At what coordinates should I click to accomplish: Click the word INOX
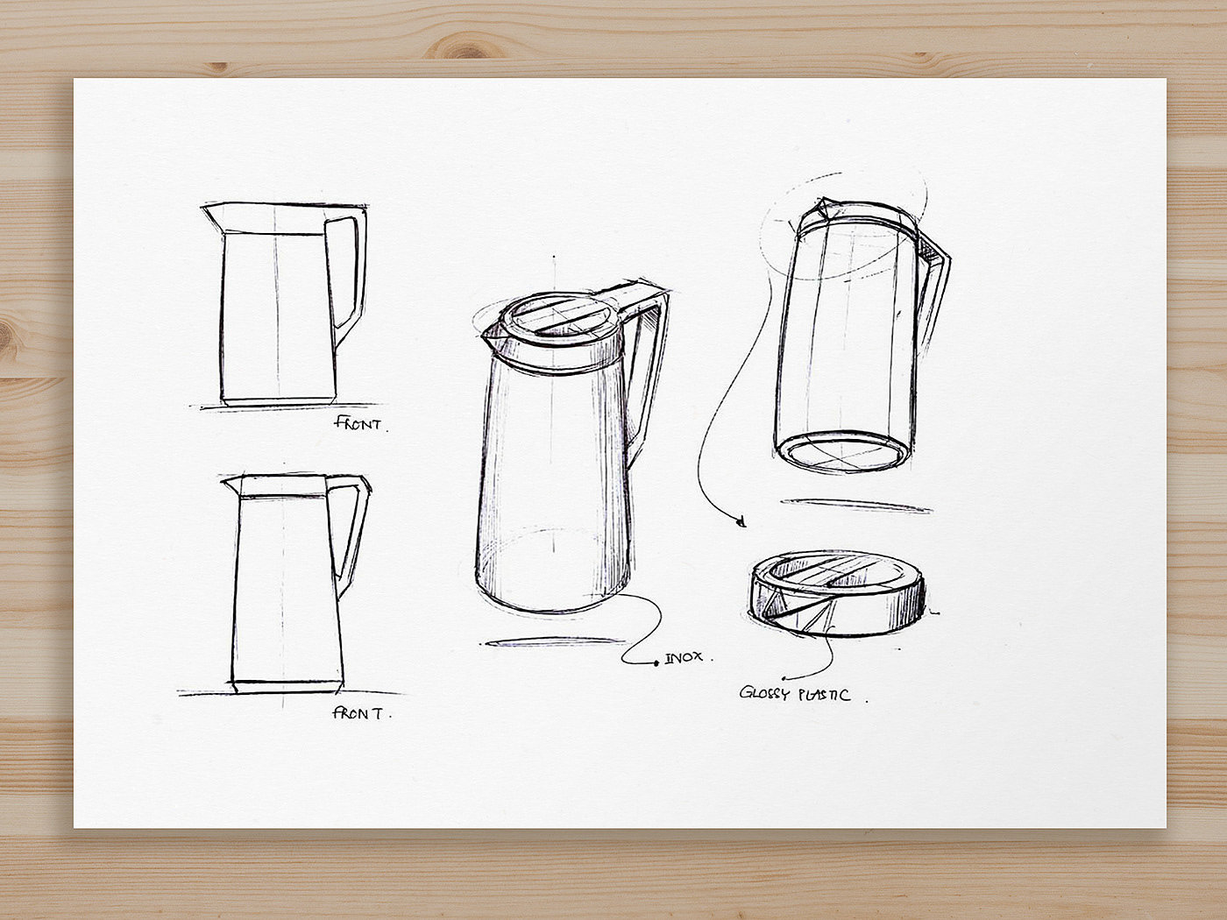click(x=684, y=659)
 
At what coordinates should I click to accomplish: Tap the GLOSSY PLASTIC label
click(x=794, y=694)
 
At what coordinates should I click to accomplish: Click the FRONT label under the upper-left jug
click(x=358, y=423)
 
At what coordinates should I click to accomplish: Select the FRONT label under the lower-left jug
click(x=358, y=712)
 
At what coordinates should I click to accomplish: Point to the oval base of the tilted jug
click(x=844, y=451)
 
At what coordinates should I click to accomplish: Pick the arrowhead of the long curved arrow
click(x=741, y=523)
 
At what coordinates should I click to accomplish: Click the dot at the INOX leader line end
click(x=656, y=663)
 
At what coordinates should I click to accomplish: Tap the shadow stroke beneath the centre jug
click(x=553, y=642)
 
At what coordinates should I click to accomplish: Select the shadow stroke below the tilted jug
click(x=856, y=505)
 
